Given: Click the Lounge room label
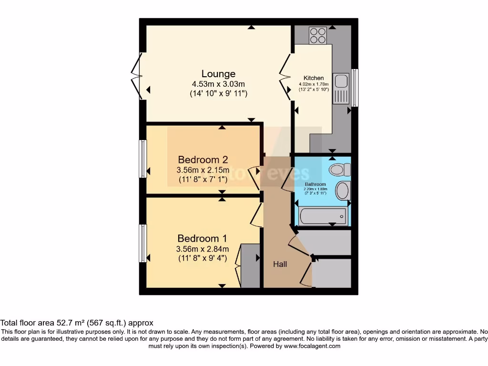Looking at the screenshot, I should point(218,74).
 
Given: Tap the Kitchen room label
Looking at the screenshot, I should point(314,78).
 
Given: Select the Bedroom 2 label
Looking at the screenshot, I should point(203,160).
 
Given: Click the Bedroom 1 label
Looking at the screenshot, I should point(203,238).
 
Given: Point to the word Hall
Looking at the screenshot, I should point(280,264).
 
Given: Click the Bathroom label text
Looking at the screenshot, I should point(315,184).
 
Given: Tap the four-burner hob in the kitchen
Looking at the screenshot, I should point(317,34).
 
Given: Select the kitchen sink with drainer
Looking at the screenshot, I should point(341,88).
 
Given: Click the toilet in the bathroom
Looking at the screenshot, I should point(340,170).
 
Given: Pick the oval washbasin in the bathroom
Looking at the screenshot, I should point(343,191).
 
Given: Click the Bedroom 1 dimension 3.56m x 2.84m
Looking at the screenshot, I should point(203,249).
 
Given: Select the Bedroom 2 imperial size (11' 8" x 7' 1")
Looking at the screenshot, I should point(203,180).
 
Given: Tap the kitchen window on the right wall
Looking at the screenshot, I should point(355,88).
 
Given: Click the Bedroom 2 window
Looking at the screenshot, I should point(142,159).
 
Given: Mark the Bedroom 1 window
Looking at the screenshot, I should point(142,243).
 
